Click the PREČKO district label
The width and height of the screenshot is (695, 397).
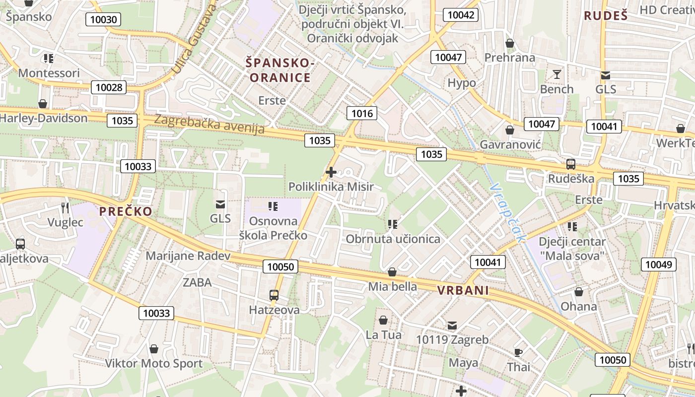tap(126, 211)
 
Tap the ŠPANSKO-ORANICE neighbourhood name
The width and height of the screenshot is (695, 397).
tap(280, 70)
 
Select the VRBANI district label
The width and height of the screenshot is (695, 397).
tap(463, 291)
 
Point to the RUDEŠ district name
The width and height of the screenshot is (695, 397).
tap(606, 15)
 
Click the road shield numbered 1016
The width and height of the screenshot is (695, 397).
tap(361, 114)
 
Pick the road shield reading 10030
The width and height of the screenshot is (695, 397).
tap(104, 20)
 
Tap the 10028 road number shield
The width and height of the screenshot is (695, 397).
tap(109, 88)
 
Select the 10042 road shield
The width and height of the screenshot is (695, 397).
tap(461, 15)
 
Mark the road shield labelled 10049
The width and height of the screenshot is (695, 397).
tap(658, 265)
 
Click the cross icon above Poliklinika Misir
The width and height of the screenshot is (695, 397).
tap(331, 172)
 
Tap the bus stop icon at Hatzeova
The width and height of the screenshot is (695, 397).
tap(274, 295)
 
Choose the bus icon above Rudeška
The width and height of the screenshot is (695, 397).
tap(571, 164)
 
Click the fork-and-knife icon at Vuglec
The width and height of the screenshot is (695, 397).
tap(65, 207)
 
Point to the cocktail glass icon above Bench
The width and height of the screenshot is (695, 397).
tap(556, 74)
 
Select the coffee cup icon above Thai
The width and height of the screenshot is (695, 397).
tap(518, 352)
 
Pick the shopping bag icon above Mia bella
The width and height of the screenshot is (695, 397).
tap(392, 272)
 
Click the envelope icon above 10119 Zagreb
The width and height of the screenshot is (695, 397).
tap(452, 326)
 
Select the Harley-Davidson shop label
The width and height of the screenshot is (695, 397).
tap(43, 118)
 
